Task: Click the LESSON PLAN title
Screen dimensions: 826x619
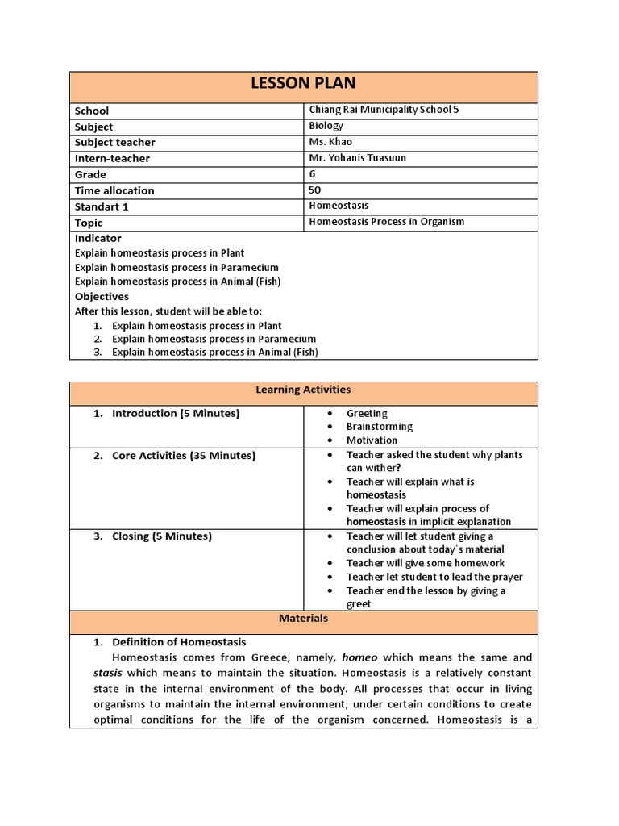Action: (303, 84)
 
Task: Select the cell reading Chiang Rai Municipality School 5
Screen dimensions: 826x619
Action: (384, 110)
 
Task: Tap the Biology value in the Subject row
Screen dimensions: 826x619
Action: (326, 126)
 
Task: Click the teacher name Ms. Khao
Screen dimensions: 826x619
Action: (330, 142)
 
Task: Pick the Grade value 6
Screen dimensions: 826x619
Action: (312, 174)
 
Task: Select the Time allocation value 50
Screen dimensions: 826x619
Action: (314, 190)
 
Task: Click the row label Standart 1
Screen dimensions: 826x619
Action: (102, 206)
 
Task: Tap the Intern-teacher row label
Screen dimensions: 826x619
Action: (112, 159)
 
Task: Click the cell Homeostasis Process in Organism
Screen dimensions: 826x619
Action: (386, 222)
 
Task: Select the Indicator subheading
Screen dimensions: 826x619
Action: (98, 239)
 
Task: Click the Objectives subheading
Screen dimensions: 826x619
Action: (102, 297)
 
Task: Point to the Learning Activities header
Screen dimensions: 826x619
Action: (303, 390)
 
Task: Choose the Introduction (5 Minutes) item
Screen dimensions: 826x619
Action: (175, 414)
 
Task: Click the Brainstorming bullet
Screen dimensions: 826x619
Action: (379, 427)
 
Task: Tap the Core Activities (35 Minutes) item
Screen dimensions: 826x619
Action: (183, 456)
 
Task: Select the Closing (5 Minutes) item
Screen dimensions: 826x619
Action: (161, 536)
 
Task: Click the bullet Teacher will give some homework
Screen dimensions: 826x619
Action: (426, 563)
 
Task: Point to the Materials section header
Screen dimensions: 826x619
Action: (303, 619)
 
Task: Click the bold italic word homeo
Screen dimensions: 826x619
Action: (359, 658)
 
